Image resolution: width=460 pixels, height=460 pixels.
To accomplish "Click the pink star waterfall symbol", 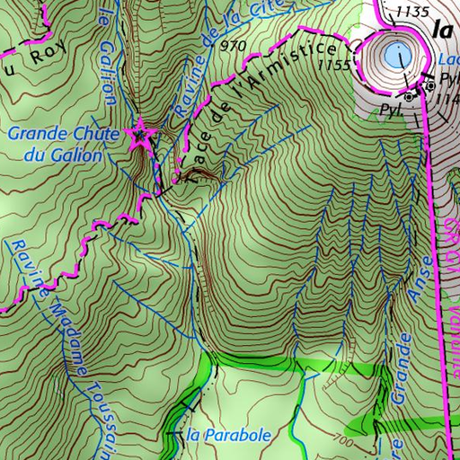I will point(139,137).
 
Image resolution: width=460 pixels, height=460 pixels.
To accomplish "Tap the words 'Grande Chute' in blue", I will point(51,135).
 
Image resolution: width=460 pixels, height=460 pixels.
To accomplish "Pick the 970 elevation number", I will point(231,46).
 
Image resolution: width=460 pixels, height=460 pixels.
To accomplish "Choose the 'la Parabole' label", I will point(228,436).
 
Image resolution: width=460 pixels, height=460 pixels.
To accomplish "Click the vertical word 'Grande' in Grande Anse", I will point(402,365).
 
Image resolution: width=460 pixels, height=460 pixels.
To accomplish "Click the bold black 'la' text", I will point(441,29).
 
